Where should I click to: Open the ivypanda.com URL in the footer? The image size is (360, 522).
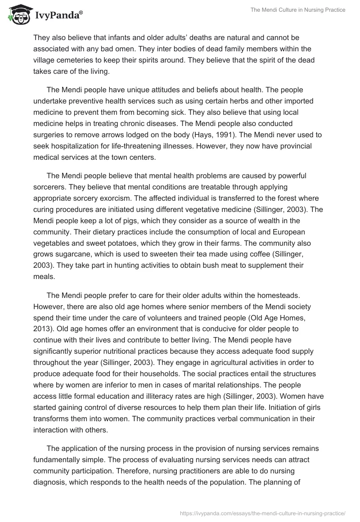[x=262, y=512]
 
